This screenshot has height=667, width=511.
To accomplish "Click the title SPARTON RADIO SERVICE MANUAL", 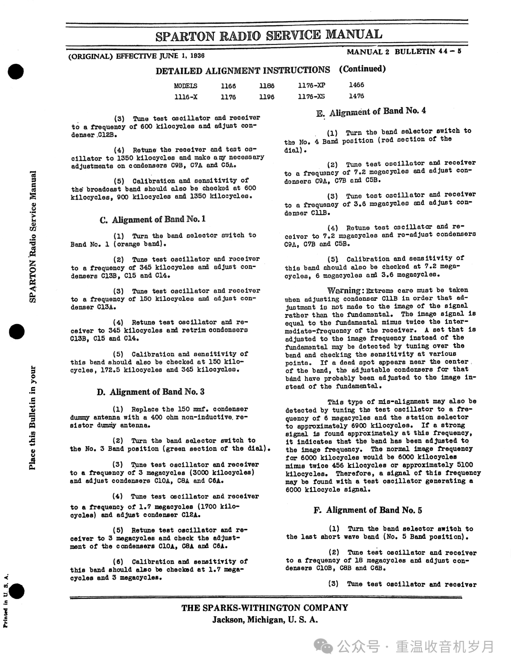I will coord(269,35).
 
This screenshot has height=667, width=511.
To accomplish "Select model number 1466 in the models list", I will coord(356,85).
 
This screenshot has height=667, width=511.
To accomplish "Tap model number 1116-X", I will coord(185,97).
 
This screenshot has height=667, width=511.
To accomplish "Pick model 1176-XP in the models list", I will coord(311,85).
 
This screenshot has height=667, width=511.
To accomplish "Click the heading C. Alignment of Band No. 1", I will coord(152,219).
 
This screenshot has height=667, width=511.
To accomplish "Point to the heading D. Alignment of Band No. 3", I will coord(150,392).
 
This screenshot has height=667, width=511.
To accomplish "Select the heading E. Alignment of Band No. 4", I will coord(371,112).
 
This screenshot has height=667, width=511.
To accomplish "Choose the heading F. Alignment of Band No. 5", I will coord(368,510).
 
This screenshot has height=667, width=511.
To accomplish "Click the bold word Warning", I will coord(345,290).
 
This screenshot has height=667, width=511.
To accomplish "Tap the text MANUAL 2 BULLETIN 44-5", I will coord(404,52).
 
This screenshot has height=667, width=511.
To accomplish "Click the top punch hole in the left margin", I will coord(16,72).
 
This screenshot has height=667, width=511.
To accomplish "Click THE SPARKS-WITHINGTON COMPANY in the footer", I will coord(264,608).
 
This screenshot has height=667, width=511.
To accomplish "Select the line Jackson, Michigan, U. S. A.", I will coord(264,620).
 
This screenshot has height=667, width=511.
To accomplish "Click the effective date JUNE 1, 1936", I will coord(182,56).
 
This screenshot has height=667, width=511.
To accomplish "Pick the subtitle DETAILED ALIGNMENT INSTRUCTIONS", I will coord(243,70).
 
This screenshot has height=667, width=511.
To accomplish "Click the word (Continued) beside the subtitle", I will coord(362,69).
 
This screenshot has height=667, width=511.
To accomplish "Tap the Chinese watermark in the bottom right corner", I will coord(407,647).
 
